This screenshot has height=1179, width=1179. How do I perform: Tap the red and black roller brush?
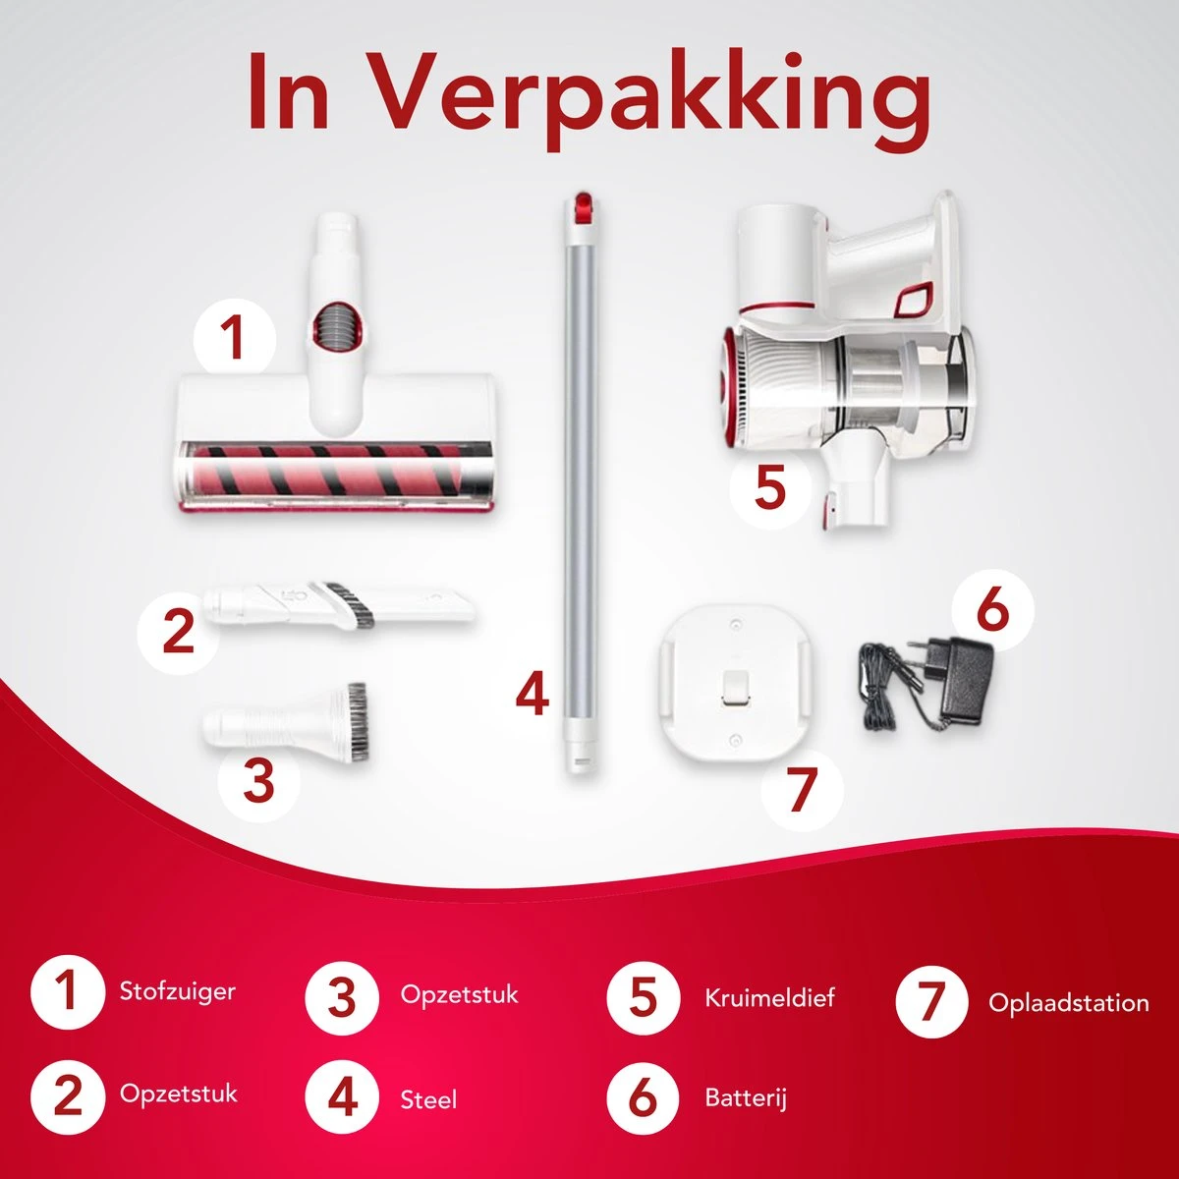pyautogui.click(x=329, y=470)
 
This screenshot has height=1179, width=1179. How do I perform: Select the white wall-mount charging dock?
pyautogui.click(x=737, y=681)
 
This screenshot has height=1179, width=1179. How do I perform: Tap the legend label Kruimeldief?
pyautogui.click(x=769, y=998)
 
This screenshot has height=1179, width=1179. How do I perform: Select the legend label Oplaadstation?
pyautogui.click(x=1068, y=1003)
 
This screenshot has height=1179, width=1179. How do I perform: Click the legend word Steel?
pyautogui.click(x=428, y=1100)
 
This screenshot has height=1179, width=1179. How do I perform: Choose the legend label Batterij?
pyautogui.click(x=745, y=1097)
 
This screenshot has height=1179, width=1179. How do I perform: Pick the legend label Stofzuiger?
pyautogui.click(x=178, y=991)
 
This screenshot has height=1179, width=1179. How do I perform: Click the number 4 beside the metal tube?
pyautogui.click(x=532, y=694)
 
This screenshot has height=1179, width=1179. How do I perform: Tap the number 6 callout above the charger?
pyautogui.click(x=992, y=608)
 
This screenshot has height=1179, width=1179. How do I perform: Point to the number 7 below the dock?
pyautogui.click(x=802, y=790)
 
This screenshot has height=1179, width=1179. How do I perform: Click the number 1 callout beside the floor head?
pyautogui.click(x=235, y=339)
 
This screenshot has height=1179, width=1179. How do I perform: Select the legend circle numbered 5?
pyautogui.click(x=643, y=998)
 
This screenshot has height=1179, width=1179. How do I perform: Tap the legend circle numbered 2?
pyautogui.click(x=68, y=1096)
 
